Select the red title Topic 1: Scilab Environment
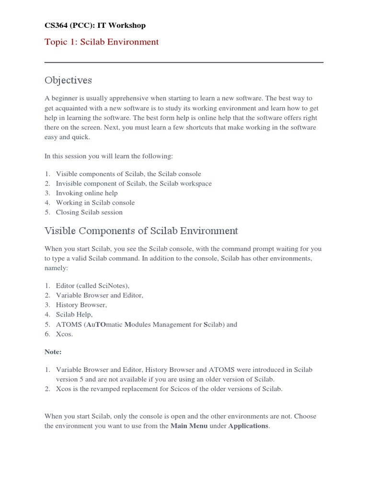102,42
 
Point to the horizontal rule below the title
184,62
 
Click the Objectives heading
68,80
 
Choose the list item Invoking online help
87,193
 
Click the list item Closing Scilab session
89,212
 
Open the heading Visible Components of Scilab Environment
141,231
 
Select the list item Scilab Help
74,315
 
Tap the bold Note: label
53,352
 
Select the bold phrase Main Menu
189,426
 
